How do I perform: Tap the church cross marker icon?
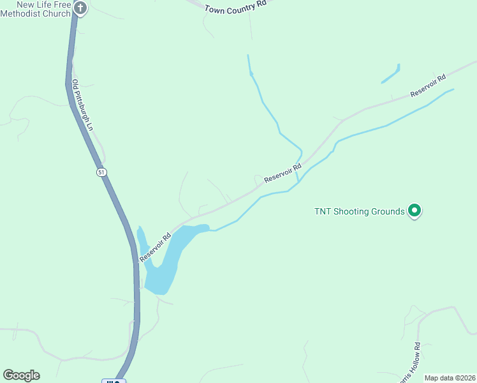click(80, 8)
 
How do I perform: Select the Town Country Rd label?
click(235, 6)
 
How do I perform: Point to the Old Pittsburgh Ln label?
click(82, 105)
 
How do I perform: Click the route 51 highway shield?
click(101, 172)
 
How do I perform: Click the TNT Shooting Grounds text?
click(360, 211)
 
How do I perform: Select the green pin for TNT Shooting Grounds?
click(415, 210)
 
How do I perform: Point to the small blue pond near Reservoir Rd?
click(390, 74)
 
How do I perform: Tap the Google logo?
click(21, 375)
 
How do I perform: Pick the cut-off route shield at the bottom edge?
click(114, 380)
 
